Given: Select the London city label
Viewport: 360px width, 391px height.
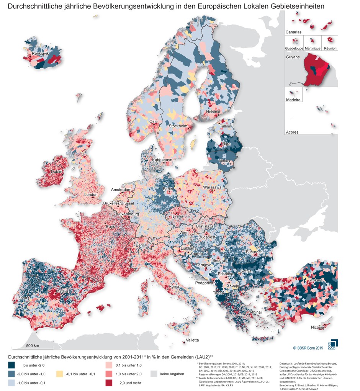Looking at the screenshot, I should click(90, 195).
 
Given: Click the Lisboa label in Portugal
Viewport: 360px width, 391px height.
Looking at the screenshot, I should click(21, 297).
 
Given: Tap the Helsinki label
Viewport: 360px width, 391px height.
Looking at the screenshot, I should click(213, 112).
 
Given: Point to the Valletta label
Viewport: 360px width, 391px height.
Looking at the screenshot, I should click(192, 340).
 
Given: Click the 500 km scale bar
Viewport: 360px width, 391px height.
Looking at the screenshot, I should click(32, 348).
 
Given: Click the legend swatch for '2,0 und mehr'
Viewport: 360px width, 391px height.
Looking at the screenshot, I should click(110, 382).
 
